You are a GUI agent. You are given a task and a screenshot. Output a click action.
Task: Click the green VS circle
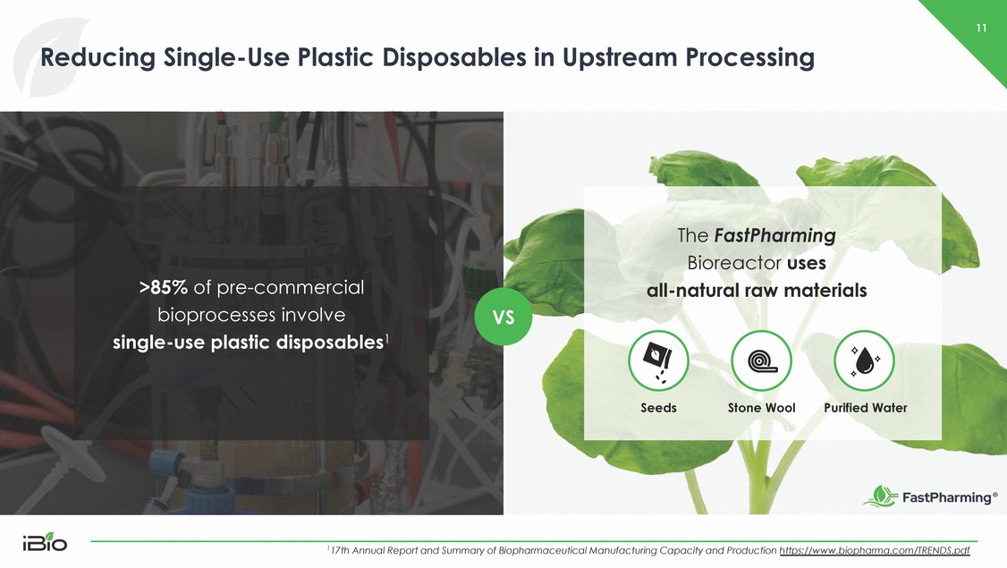(503, 317)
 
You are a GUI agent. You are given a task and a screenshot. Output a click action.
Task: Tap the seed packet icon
(658, 361)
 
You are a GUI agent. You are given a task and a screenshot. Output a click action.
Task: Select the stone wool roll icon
(761, 361)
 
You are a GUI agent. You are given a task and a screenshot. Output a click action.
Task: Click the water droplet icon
(865, 361)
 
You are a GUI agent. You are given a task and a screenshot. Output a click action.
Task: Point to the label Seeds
(658, 408)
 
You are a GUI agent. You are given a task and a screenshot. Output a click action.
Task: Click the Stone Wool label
(761, 408)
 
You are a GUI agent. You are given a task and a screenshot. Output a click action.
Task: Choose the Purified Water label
(865, 408)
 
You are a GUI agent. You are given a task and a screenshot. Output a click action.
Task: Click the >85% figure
(163, 287)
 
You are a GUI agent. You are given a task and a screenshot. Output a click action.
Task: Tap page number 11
(981, 28)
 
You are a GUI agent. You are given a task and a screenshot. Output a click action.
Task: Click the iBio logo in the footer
(45, 542)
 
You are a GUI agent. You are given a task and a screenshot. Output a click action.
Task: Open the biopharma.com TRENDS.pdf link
(874, 551)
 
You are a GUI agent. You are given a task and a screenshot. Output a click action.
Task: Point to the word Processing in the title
(749, 58)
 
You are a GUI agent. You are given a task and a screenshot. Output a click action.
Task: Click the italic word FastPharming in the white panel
(774, 236)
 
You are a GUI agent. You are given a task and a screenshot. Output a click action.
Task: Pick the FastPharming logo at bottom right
(931, 496)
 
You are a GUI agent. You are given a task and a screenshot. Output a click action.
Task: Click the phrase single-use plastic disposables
(248, 343)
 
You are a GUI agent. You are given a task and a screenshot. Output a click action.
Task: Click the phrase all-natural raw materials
(757, 291)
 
